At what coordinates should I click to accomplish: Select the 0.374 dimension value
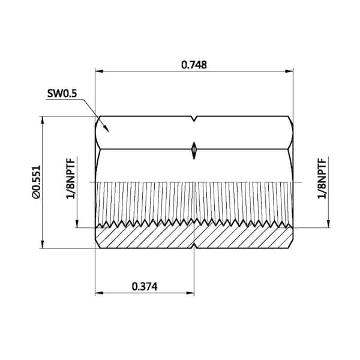(144, 287)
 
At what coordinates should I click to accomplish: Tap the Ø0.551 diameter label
(36, 182)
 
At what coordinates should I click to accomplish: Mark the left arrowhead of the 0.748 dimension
(100, 71)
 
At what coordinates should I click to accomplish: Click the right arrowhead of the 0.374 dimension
(190, 293)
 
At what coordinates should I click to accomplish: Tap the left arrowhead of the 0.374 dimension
(100, 293)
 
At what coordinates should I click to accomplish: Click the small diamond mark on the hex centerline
(194, 149)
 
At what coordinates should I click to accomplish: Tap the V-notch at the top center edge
(194, 119)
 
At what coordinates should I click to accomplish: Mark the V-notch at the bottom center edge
(194, 245)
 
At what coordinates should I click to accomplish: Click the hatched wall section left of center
(144, 236)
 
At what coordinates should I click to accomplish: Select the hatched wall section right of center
(243, 236)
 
